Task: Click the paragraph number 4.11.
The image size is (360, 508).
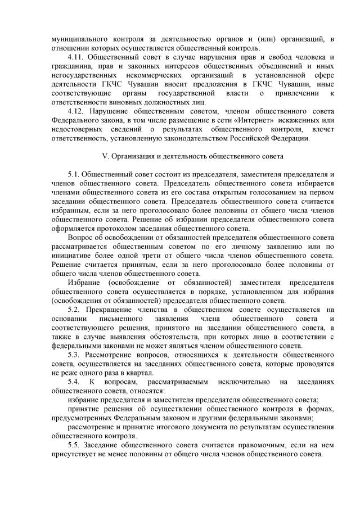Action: click(x=75, y=58)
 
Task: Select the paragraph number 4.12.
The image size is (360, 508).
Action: click(x=75, y=111)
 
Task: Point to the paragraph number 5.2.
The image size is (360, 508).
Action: click(x=75, y=310)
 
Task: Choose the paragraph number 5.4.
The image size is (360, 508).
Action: click(x=75, y=382)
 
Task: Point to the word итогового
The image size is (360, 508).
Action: click(x=168, y=427)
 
